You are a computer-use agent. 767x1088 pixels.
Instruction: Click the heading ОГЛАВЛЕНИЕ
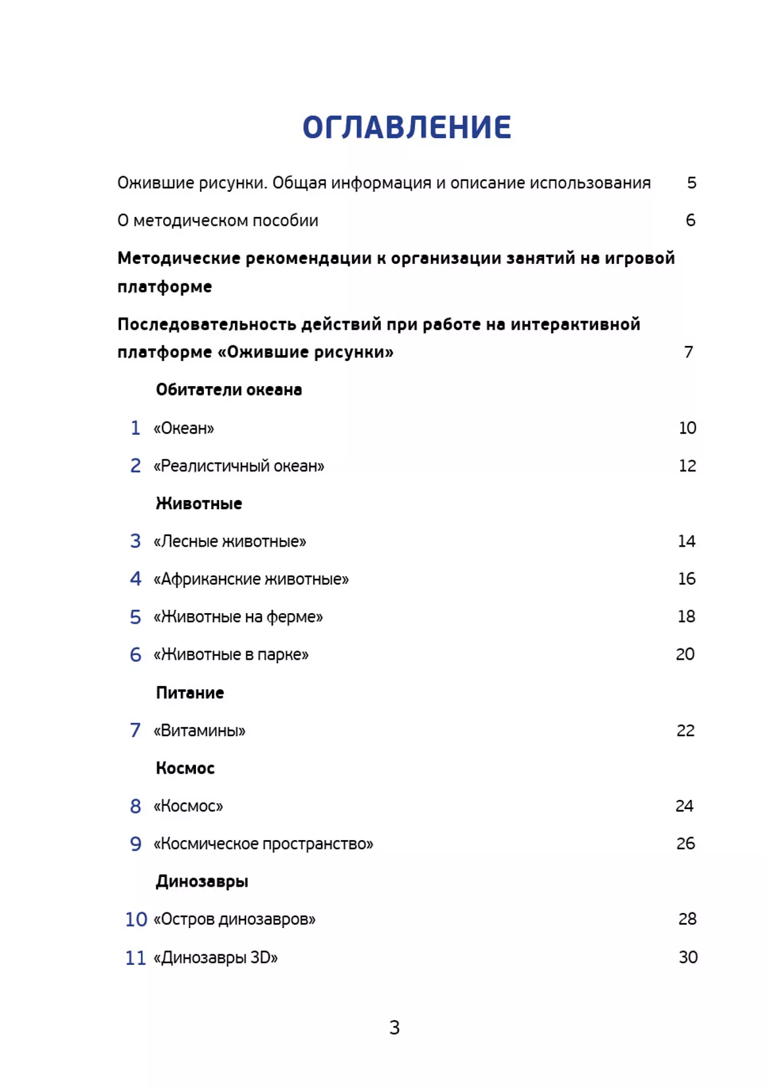point(407,128)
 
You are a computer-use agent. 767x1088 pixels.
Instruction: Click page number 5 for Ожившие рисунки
point(691,183)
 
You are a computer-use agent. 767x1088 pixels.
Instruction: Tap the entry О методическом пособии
point(218,220)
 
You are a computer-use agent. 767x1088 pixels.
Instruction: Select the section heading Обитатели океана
point(229,390)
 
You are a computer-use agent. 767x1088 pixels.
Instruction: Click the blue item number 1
point(136,428)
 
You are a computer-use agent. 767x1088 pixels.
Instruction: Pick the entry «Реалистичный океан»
point(239,466)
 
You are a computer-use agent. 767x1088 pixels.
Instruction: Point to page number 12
point(687,466)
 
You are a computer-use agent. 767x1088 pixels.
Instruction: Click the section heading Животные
point(199,504)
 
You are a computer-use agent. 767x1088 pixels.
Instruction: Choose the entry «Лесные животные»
point(230,541)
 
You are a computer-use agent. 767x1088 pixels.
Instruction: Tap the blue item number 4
point(136,579)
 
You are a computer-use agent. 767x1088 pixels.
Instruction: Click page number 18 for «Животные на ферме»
point(686,616)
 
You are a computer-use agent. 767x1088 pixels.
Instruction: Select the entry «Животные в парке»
point(231,655)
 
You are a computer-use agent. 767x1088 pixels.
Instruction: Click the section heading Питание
point(190,693)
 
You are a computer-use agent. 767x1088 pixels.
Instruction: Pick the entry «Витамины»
point(199,731)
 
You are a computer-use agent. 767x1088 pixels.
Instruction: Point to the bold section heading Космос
point(186,768)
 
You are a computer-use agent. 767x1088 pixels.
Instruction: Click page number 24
point(684,806)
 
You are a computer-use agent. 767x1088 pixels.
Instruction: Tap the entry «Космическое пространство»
point(263,844)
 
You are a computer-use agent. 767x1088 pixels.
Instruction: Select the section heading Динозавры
point(202,881)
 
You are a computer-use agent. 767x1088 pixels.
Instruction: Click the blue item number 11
point(136,958)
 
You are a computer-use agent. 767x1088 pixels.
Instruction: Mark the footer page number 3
point(394,1027)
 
